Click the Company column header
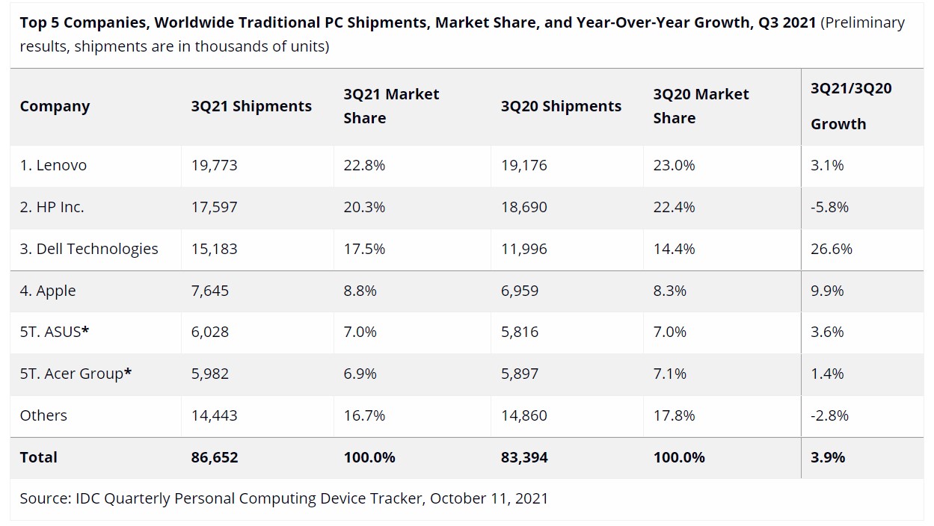tap(55, 106)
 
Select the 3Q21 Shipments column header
tap(251, 106)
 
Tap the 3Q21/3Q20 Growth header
tap(851, 106)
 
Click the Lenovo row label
tap(53, 165)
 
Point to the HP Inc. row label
tap(52, 207)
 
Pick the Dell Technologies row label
tap(89, 249)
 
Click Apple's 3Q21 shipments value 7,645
tap(209, 291)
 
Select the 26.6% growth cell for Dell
tap(831, 249)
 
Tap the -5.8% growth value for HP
tap(829, 207)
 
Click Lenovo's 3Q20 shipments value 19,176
tap(523, 165)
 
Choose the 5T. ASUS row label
tap(55, 332)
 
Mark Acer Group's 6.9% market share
tap(360, 374)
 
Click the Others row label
tap(43, 415)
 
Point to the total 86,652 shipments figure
tap(215, 457)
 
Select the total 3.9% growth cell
tap(828, 457)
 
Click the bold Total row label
tap(39, 457)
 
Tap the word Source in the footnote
tap(46, 498)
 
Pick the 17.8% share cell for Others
tap(674, 415)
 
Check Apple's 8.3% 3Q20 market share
tap(669, 291)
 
